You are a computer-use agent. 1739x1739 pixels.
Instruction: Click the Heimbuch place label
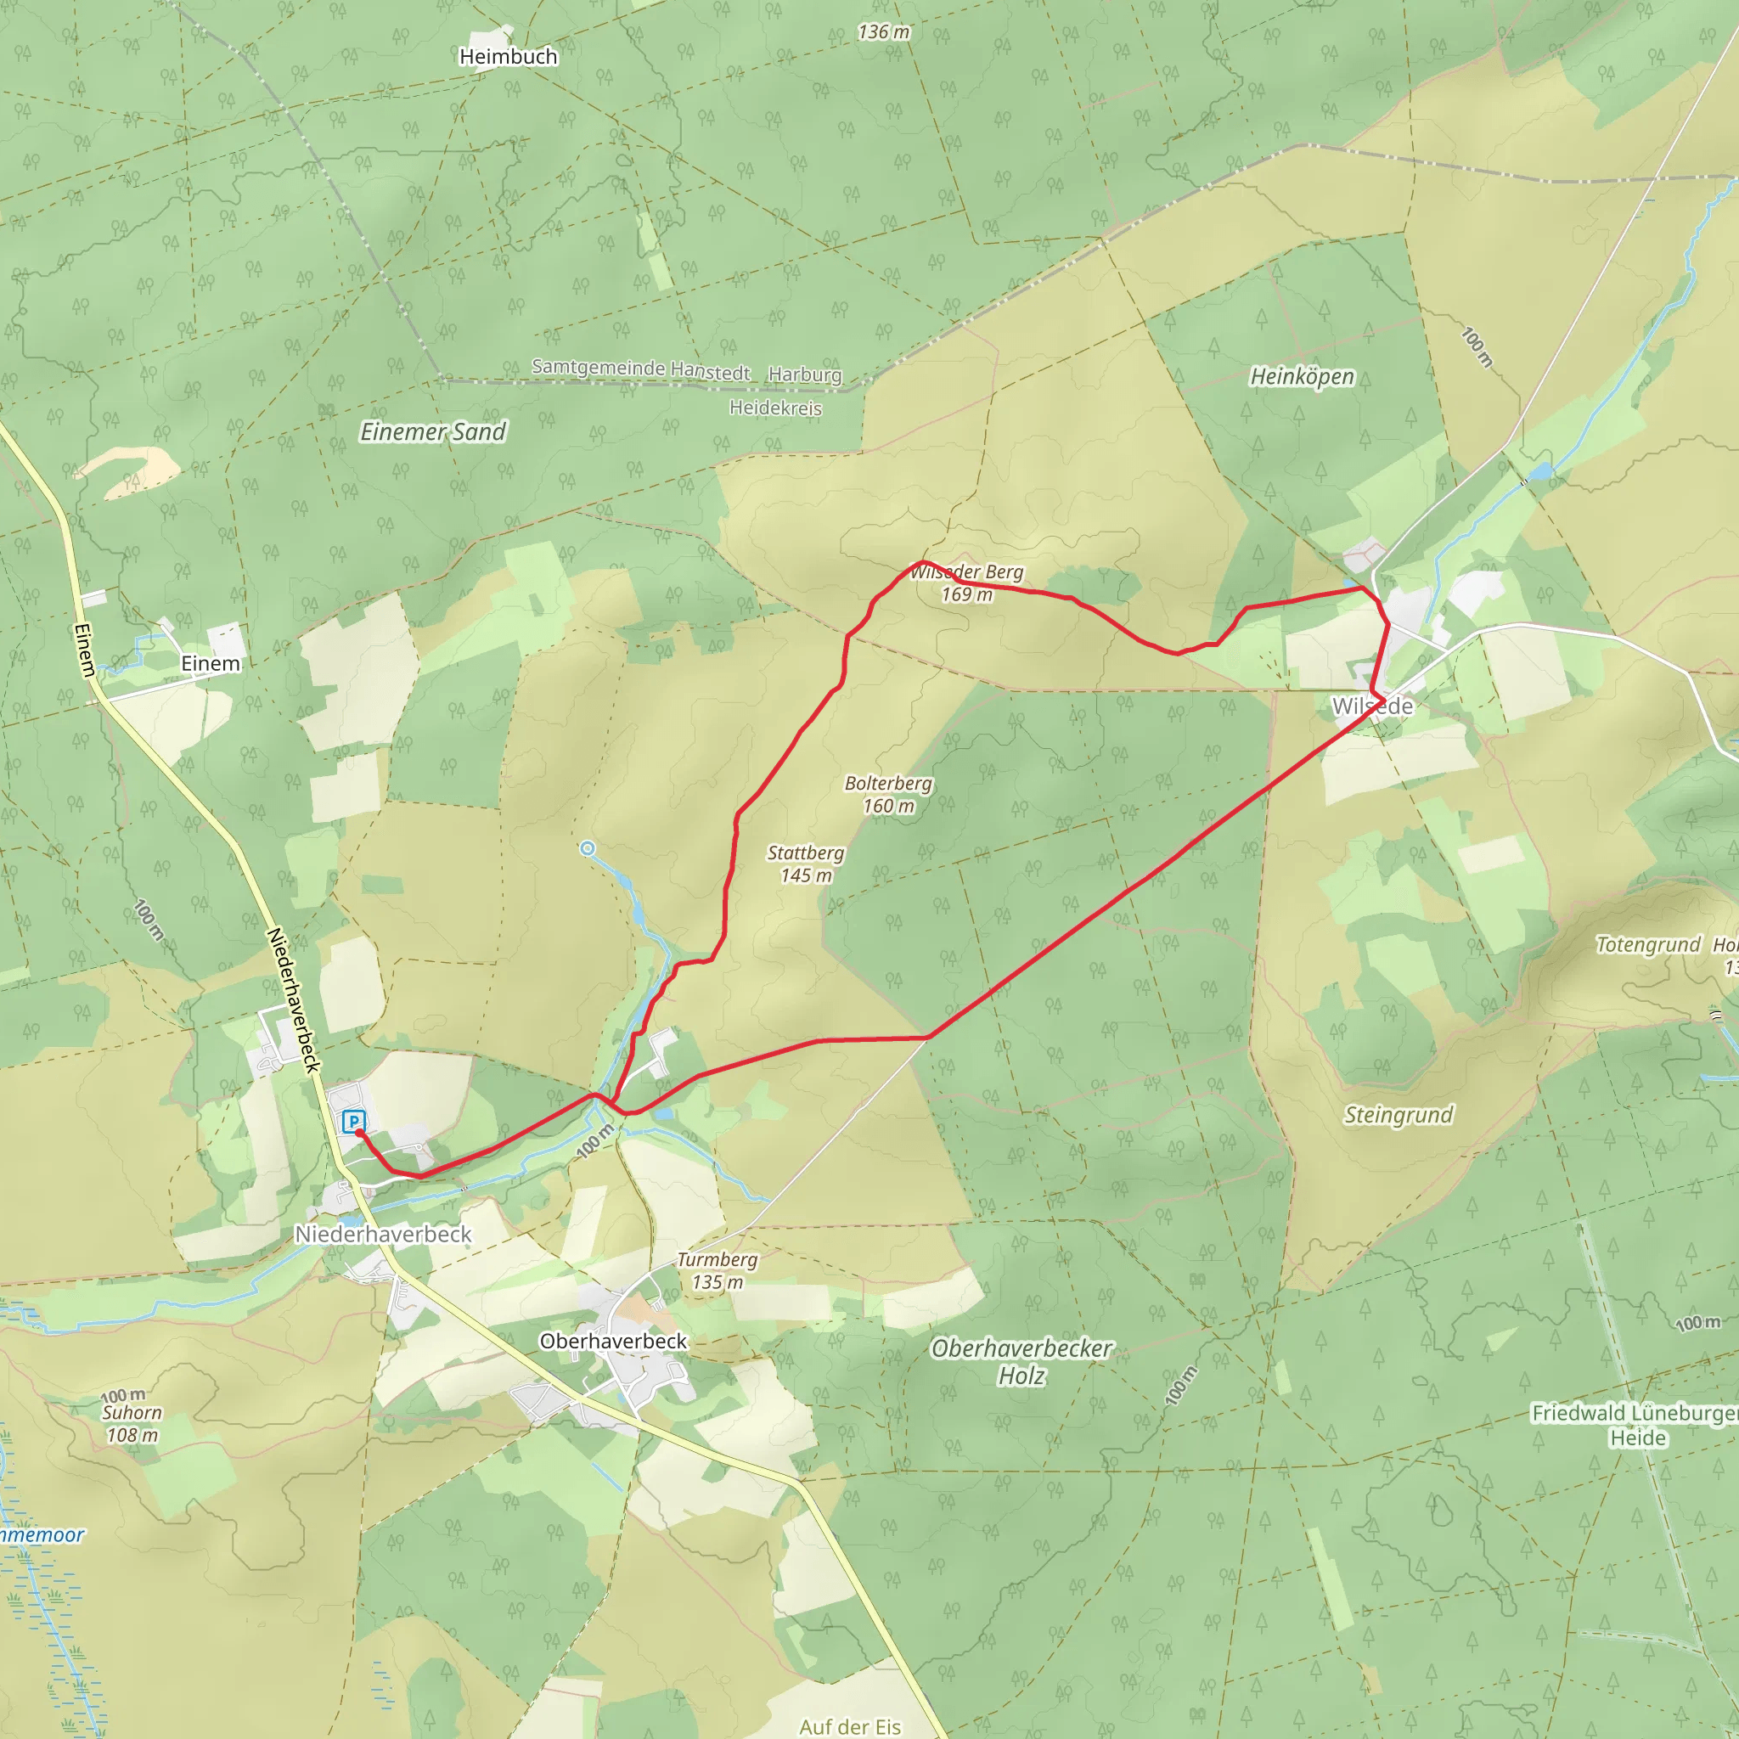tap(508, 57)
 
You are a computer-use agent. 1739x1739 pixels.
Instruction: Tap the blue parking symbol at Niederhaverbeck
tap(354, 1122)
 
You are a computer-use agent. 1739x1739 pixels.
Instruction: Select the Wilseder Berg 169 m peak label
tap(966, 583)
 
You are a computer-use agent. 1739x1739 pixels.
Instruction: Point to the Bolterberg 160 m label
tap(888, 795)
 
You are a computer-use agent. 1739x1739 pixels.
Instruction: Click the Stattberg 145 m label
tap(806, 864)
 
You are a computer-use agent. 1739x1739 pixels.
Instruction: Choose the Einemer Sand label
tap(433, 432)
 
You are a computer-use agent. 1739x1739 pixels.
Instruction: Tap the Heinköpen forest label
tap(1302, 376)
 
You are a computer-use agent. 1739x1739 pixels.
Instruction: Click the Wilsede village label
tap(1373, 706)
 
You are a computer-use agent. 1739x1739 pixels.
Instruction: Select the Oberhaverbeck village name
tap(613, 1341)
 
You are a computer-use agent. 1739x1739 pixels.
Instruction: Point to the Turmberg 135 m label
tap(718, 1271)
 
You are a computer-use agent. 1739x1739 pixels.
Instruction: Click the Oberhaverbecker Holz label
tap(1021, 1362)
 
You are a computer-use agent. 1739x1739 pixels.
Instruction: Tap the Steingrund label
tap(1399, 1115)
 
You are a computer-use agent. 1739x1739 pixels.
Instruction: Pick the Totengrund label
tap(1648, 945)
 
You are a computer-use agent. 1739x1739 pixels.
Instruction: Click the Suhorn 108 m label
tap(132, 1424)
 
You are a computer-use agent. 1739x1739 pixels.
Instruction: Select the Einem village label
tap(211, 664)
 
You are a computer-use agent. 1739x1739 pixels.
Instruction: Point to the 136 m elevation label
tap(884, 32)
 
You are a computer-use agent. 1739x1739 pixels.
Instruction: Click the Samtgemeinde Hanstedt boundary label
tap(640, 369)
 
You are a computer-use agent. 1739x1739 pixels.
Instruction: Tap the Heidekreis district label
tap(775, 408)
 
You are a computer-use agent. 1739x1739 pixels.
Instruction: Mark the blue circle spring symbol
tap(588, 848)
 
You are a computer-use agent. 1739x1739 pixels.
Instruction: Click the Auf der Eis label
tap(850, 1726)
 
